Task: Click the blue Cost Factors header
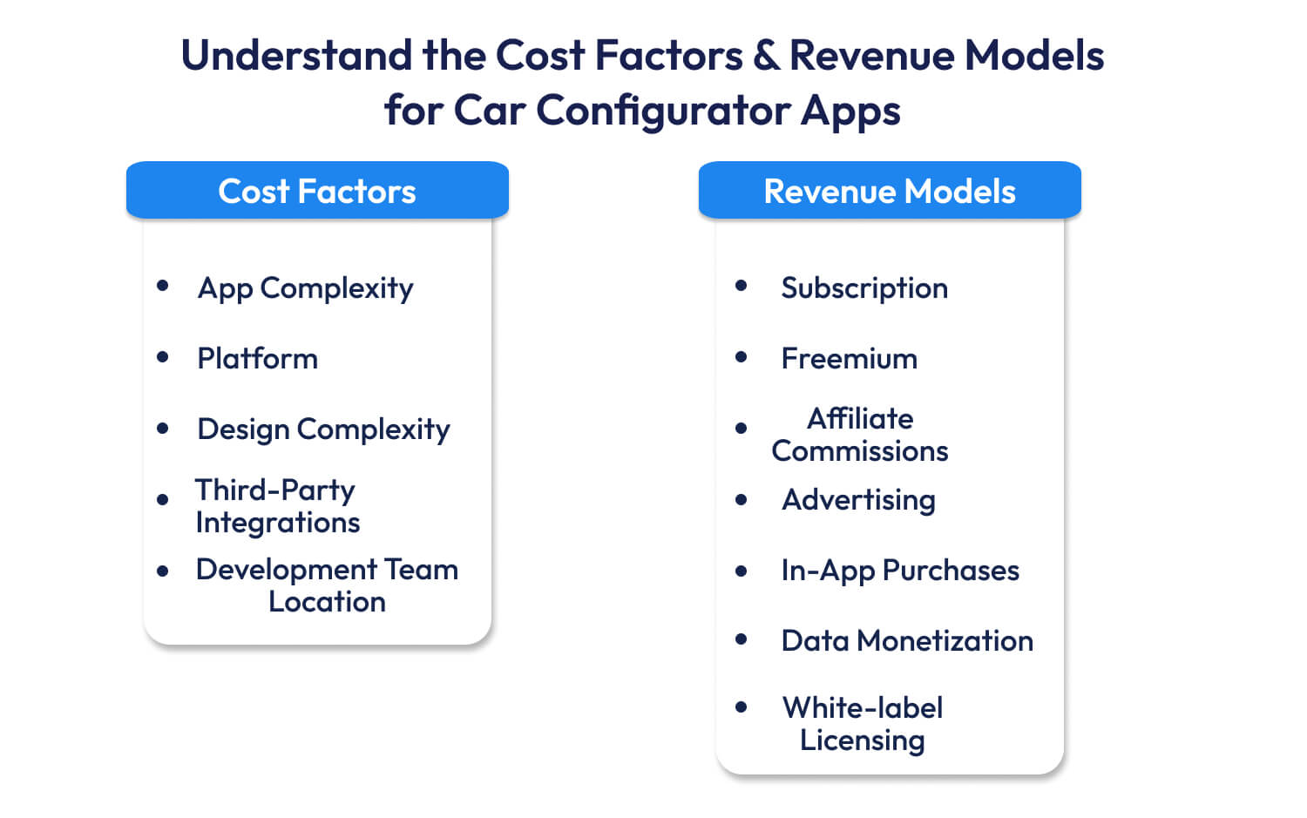click(x=317, y=191)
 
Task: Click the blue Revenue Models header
click(x=890, y=191)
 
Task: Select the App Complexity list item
click(x=305, y=288)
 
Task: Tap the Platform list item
click(x=257, y=358)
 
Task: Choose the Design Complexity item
click(x=323, y=429)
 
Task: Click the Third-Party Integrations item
click(x=277, y=506)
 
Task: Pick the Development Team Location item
click(x=327, y=585)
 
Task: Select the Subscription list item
click(x=863, y=288)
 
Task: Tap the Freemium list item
click(x=849, y=358)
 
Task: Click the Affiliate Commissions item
click(x=860, y=435)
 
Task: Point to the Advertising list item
click(x=858, y=500)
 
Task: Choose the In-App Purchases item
click(x=899, y=571)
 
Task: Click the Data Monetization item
click(x=906, y=641)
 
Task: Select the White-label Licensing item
click(x=862, y=724)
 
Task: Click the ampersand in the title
click(x=766, y=56)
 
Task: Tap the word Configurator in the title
click(x=663, y=111)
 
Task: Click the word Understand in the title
click(x=296, y=56)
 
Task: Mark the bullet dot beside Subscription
click(x=742, y=286)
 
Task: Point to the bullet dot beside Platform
click(x=163, y=356)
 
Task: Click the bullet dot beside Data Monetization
click(x=742, y=639)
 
